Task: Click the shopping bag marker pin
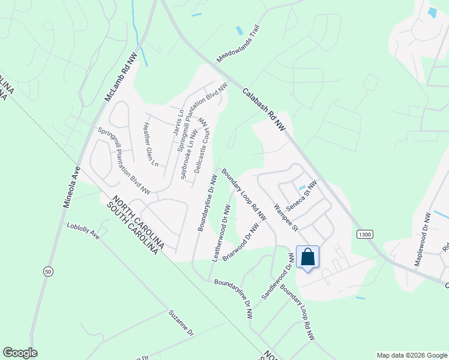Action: [x=307, y=257]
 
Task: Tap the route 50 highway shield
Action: [x=47, y=272]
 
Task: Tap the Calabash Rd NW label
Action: [x=265, y=110]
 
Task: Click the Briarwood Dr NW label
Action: [x=244, y=242]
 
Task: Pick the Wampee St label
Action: [x=286, y=217]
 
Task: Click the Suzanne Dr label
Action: [x=181, y=323]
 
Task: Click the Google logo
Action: [x=20, y=353]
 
